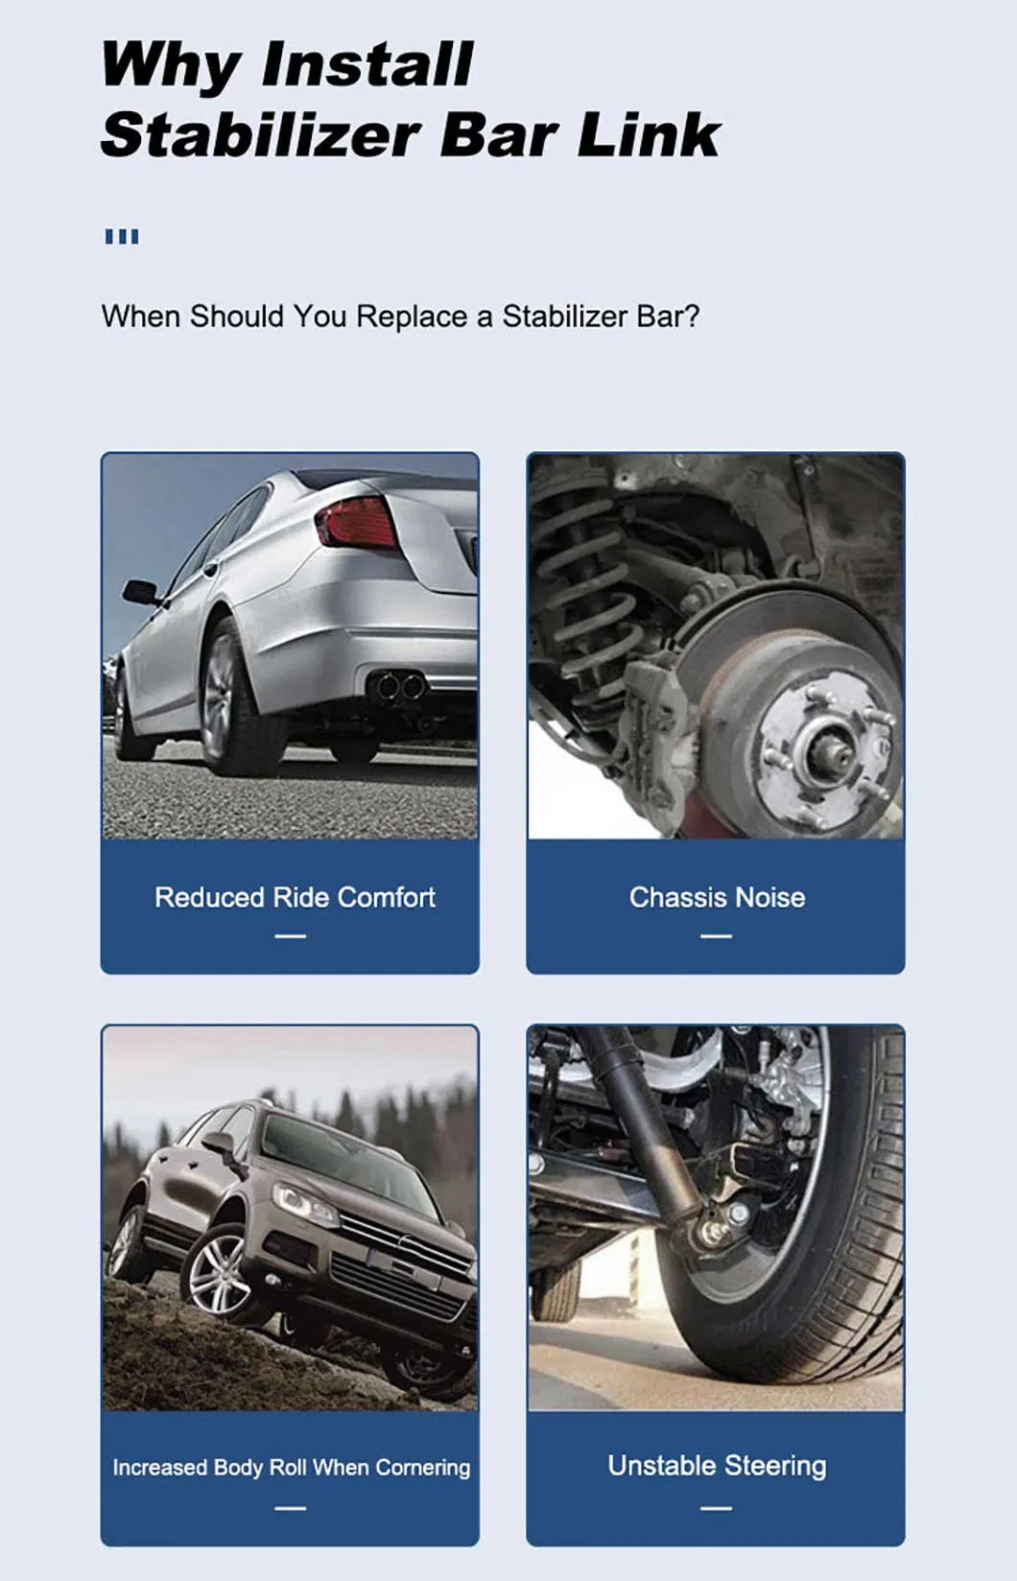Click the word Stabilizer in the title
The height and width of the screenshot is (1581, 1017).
click(259, 135)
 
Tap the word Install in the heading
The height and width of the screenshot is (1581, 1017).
click(367, 65)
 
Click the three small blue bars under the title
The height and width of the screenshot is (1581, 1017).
click(122, 236)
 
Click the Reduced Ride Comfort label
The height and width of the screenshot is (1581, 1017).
click(295, 897)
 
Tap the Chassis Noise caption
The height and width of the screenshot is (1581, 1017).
click(717, 897)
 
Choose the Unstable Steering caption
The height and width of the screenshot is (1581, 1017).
click(717, 1465)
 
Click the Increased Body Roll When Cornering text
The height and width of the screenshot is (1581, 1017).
click(291, 1467)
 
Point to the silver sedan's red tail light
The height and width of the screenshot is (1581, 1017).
click(356, 524)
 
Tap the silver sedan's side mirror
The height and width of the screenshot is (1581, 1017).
click(139, 591)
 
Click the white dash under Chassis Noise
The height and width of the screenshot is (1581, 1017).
click(716, 936)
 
